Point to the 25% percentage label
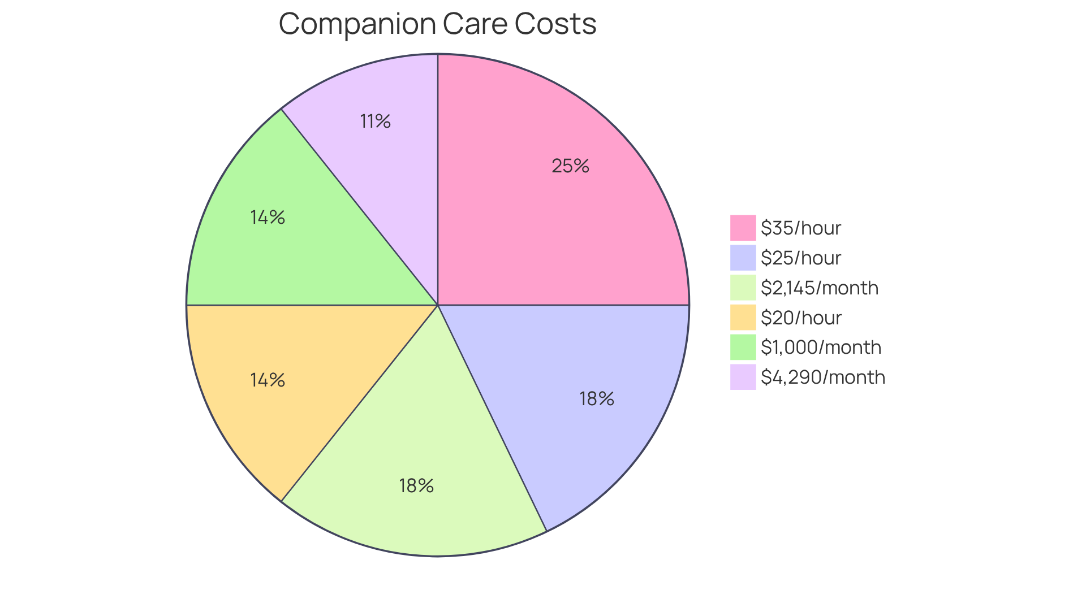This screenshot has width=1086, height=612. tap(570, 166)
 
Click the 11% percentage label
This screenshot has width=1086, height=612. tap(376, 121)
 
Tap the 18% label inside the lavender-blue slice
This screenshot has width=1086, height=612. tap(597, 399)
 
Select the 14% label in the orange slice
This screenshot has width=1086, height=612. tap(268, 380)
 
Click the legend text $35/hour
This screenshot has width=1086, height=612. tap(801, 228)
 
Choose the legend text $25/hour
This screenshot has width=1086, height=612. tap(801, 258)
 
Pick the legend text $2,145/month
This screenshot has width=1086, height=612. tap(820, 288)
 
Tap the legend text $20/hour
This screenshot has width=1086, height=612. tap(801, 318)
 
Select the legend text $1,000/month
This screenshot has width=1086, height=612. tap(821, 347)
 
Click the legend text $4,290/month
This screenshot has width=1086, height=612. tap(823, 377)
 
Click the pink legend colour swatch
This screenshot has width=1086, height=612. tap(743, 228)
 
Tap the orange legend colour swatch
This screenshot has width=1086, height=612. tap(743, 318)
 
